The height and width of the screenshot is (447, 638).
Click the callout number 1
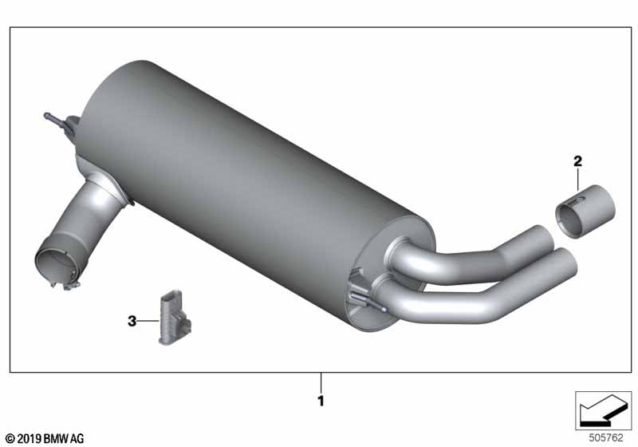point(321,401)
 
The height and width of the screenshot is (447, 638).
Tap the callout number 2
point(577,161)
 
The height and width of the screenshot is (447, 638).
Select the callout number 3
point(132,321)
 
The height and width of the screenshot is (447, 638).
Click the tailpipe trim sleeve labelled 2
point(585,212)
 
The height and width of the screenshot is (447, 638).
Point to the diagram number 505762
point(606,437)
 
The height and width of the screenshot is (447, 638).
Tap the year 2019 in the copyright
point(29,439)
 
